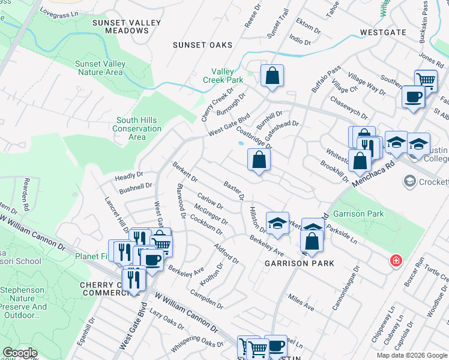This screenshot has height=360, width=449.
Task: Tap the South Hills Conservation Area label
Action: pyautogui.click(x=137, y=128)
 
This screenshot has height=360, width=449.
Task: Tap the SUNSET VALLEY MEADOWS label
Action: pyautogui.click(x=127, y=26)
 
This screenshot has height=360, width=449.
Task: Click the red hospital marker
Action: pyautogui.click(x=396, y=260)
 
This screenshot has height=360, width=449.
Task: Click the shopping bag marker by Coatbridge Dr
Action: pyautogui.click(x=259, y=160)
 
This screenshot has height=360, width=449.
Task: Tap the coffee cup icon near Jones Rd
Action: pyautogui.click(x=412, y=97)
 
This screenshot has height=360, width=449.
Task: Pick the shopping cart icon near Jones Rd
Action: pyautogui.click(x=426, y=80)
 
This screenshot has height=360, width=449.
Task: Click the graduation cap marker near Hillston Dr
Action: pyautogui.click(x=277, y=223)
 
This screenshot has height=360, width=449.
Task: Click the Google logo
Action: pyautogui.click(x=20, y=353)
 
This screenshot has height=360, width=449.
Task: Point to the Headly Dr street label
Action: pyautogui.click(x=129, y=177)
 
